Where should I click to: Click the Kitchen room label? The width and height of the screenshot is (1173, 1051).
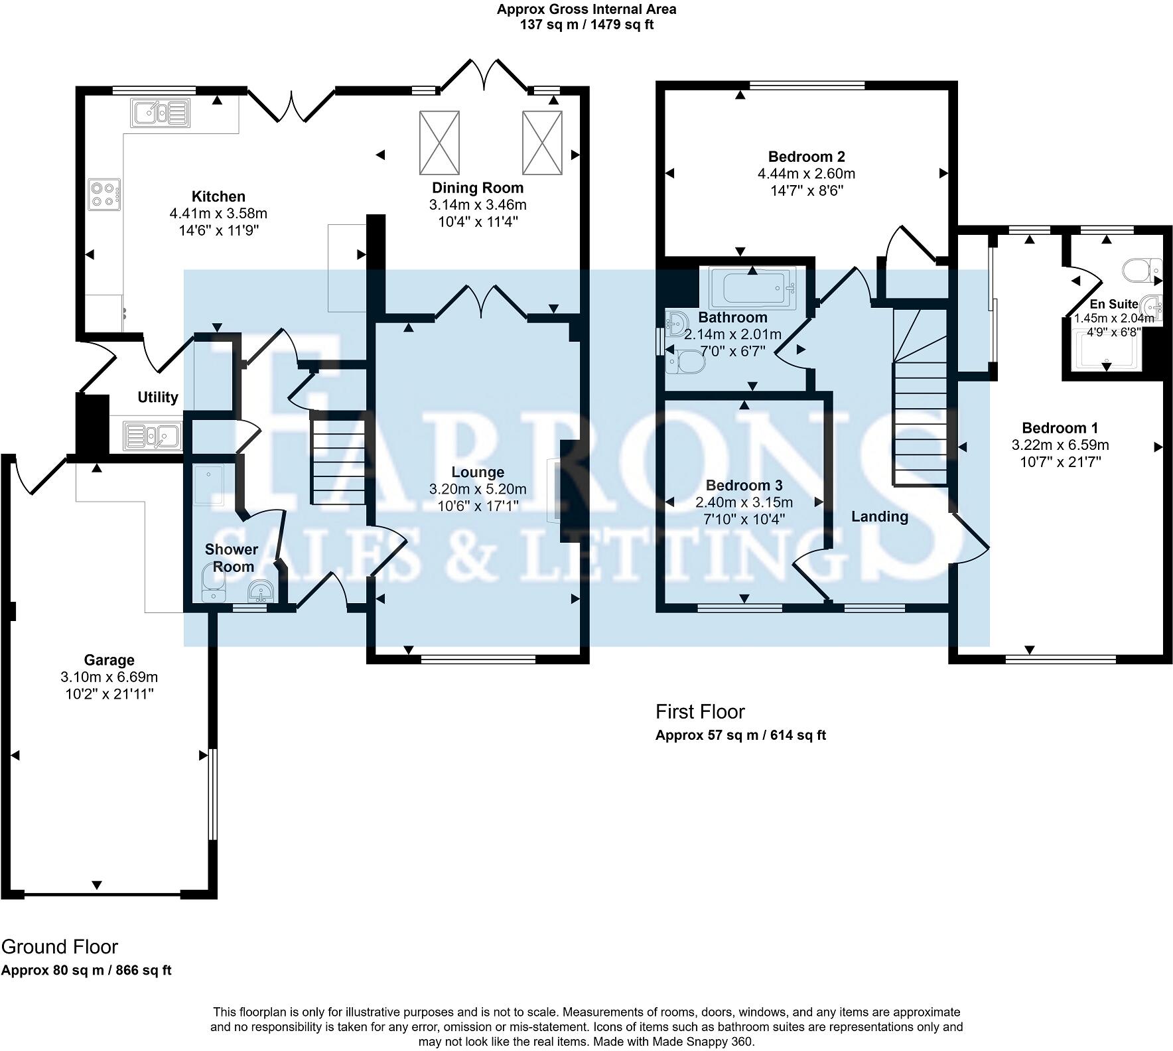[x=218, y=196]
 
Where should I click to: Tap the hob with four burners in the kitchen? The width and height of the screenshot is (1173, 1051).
[x=104, y=194]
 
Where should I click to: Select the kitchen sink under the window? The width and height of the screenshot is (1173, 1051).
[x=160, y=113]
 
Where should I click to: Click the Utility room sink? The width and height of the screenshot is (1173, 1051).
[x=152, y=436]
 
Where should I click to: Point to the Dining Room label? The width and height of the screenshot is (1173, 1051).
[x=478, y=188]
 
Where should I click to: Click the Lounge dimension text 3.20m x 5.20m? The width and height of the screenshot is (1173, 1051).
[x=478, y=489]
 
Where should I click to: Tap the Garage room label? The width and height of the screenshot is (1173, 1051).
[x=109, y=660]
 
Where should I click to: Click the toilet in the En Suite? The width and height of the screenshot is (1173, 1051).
[x=1140, y=269]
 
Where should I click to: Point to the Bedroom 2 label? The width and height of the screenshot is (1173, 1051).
[x=806, y=157]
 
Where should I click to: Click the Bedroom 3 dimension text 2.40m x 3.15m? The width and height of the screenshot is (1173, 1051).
[x=744, y=502]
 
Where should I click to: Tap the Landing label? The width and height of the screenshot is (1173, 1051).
[x=880, y=516]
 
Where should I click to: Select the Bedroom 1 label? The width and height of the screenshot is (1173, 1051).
[x=1060, y=428]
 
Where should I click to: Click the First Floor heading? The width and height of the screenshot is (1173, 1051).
[x=700, y=712]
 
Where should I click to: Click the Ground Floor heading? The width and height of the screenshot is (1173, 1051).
[x=60, y=946]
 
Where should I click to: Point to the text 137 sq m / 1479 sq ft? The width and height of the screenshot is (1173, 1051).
[x=586, y=25]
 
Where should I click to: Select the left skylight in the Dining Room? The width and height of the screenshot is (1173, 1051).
[x=439, y=141]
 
